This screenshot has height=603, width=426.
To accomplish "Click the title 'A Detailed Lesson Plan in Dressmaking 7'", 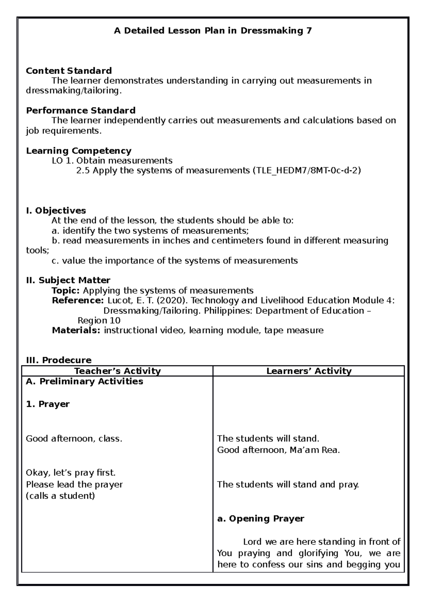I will tap(213, 31).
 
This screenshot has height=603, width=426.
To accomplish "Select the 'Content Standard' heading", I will tap(69, 71).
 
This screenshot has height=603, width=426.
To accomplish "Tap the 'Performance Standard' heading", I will tap(81, 110).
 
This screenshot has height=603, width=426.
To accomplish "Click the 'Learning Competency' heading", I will tap(78, 151).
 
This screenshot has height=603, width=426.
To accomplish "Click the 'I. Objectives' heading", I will tap(56, 211).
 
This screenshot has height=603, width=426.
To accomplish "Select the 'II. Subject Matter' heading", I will tap(68, 281).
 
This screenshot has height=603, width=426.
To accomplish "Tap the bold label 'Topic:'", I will tap(66, 290).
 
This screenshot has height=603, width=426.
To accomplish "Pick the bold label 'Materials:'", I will tap(76, 331).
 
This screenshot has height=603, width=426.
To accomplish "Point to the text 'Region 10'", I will tap(99, 321).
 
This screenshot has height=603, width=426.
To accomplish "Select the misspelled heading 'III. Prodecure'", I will tap(59, 360).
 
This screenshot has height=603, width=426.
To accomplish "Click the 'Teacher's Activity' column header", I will tap(118, 371).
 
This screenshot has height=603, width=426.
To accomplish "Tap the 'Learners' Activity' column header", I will tap(309, 371).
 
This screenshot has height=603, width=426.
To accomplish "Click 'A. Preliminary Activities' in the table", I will tap(84, 382).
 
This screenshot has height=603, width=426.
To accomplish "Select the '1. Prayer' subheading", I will tap(48, 404).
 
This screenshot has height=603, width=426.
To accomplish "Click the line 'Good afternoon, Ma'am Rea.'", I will tap(278, 450).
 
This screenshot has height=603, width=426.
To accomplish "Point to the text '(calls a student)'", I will tap(60, 496).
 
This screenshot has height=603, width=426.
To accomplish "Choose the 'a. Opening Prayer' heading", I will tap(261, 519).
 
